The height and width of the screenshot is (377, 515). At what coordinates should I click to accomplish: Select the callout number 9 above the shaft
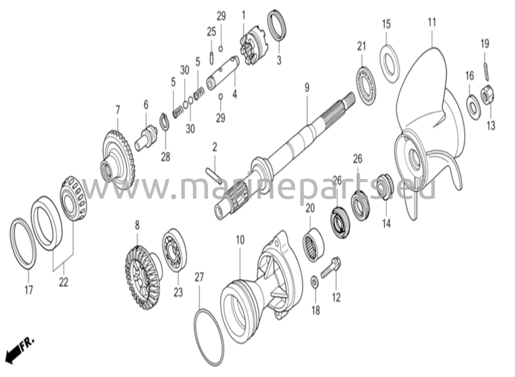point(307,88)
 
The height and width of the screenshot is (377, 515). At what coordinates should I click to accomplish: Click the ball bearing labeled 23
point(175,250)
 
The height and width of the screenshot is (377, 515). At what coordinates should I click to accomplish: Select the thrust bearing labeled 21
point(367,86)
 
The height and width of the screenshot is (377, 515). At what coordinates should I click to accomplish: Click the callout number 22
point(64,283)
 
